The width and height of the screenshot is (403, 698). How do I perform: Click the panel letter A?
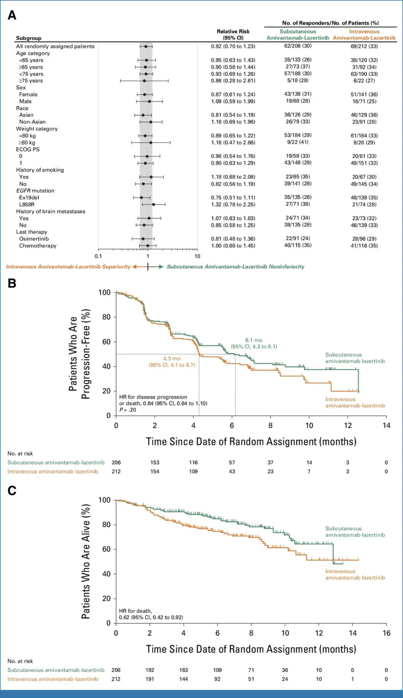click(12, 15)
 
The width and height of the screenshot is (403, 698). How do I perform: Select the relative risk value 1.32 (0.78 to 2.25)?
click(233, 205)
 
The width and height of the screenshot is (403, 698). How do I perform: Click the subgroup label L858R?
click(27, 205)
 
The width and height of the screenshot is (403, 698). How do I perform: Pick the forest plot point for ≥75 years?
click(144, 81)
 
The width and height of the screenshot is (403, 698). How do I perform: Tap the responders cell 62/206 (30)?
click(298, 46)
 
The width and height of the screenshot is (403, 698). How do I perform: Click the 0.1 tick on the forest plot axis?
click(98, 256)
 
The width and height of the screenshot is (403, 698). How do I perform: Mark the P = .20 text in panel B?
click(128, 410)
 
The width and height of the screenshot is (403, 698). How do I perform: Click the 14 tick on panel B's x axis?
click(386, 426)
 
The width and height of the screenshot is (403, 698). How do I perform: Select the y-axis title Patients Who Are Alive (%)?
click(86, 561)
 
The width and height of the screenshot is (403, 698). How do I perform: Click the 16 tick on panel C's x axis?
click(386, 633)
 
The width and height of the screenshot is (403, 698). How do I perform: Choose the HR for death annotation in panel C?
click(151, 614)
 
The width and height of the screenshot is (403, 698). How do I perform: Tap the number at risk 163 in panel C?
click(184, 670)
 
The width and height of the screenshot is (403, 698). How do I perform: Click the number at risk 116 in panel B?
click(193, 462)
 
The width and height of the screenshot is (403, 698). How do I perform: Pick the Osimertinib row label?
click(34, 239)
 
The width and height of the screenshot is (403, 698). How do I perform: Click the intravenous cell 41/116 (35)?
click(364, 246)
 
